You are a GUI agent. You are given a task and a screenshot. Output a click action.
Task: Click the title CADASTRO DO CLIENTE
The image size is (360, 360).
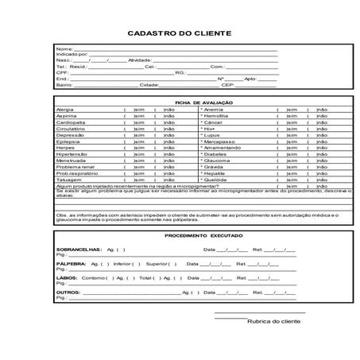180,33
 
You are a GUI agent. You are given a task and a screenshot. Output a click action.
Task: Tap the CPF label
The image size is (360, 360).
62,72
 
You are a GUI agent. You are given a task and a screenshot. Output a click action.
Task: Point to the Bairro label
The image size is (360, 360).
64,84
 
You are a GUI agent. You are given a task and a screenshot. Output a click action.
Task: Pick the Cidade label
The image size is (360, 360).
149,84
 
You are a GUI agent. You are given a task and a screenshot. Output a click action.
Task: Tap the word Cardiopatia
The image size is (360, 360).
70,123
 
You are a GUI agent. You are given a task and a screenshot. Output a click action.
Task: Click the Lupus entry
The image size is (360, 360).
212,135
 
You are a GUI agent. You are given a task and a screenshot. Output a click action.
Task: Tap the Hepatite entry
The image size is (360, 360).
215,173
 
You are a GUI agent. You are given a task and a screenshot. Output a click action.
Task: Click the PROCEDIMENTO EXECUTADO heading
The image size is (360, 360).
204,236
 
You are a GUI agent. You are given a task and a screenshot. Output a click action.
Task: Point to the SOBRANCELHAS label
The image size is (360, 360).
78,249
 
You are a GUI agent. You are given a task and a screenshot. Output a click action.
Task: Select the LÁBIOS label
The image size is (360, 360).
67,278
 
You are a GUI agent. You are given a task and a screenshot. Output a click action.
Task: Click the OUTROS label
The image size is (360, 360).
68,292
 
